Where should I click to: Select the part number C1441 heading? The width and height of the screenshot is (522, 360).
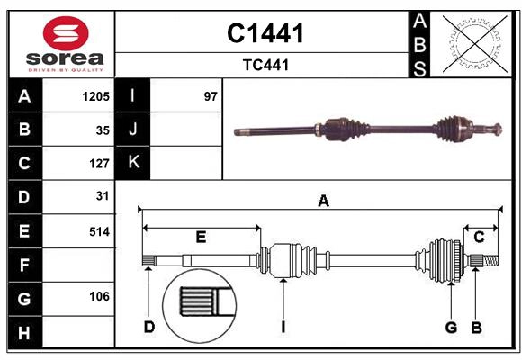(265, 33)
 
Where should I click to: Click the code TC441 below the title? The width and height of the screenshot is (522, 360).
(265, 65)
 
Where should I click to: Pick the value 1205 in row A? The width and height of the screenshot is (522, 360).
(95, 95)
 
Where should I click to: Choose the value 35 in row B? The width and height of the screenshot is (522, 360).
(102, 130)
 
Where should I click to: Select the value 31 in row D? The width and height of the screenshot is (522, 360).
(102, 196)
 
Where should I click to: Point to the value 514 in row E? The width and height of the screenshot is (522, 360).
(98, 231)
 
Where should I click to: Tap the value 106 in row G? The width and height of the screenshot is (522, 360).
(98, 296)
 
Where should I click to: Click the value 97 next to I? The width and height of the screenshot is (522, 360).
(211, 95)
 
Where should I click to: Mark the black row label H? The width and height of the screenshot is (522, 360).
(24, 334)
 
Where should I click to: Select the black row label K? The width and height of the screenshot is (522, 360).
(133, 163)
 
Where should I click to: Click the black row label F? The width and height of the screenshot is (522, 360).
(24, 265)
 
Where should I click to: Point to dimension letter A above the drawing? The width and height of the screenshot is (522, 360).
(323, 202)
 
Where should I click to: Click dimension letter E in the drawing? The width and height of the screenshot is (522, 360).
(201, 238)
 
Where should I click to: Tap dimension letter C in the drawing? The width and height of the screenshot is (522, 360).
(479, 238)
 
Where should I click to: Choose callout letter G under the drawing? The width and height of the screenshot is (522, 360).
(451, 327)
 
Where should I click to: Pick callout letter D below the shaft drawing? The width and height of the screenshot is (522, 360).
(148, 327)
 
